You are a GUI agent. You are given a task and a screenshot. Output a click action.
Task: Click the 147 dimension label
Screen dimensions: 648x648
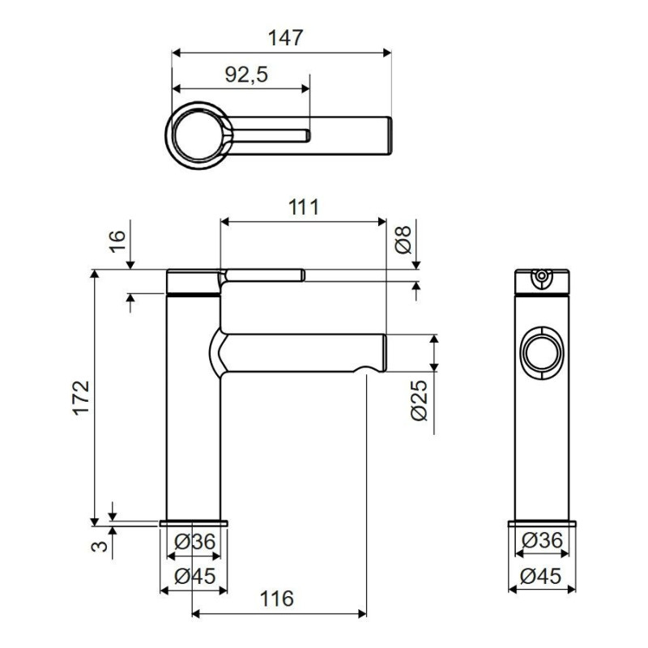coord(286,38)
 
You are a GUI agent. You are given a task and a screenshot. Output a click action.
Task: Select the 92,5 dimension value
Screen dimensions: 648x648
coord(246,75)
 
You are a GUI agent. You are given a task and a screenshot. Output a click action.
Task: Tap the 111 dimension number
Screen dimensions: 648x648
coord(304,207)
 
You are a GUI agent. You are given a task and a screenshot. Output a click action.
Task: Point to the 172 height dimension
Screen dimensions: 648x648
coord(81,397)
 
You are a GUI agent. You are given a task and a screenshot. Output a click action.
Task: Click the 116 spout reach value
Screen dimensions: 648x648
coord(277,599)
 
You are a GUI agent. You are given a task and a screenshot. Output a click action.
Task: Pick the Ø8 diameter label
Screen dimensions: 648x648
coord(403,240)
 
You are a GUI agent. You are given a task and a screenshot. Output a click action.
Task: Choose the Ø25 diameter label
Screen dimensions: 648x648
coord(419,400)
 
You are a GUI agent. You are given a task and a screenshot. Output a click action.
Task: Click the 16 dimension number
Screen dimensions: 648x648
coord(117,241)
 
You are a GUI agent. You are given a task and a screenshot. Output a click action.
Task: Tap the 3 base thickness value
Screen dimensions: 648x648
coord(99,546)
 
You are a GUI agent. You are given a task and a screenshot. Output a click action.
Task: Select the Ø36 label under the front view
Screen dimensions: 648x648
coord(194,542)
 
